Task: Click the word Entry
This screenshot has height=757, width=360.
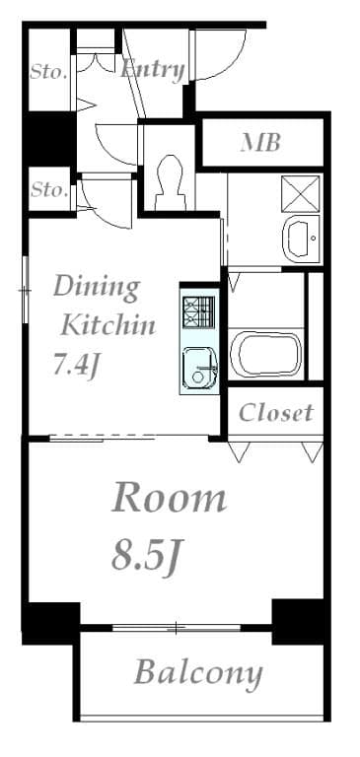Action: pos(152,70)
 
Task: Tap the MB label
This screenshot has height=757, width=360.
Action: pos(261,142)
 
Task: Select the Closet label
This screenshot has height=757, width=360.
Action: pos(276,413)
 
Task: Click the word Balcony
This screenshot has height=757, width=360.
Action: pos(198,673)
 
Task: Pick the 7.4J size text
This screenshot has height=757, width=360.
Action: pos(76,365)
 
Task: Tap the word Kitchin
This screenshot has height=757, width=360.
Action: pos(108,326)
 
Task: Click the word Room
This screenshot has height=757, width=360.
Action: pos(169,498)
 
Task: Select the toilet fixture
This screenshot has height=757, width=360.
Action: pos(170,183)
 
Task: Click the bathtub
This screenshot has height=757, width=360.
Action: pos(266,353)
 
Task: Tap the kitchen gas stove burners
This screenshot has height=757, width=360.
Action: pos(198,311)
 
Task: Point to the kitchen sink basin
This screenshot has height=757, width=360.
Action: pos(199,368)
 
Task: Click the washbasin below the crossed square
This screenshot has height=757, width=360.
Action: pos(301,239)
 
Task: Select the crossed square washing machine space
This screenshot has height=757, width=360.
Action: pos(301,193)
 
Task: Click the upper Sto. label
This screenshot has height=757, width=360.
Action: pos(48,72)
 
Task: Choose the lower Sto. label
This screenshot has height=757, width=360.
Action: pos(48,190)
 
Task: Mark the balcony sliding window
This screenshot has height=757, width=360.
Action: pos(177,628)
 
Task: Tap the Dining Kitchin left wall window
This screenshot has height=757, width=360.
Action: pos(25,291)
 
